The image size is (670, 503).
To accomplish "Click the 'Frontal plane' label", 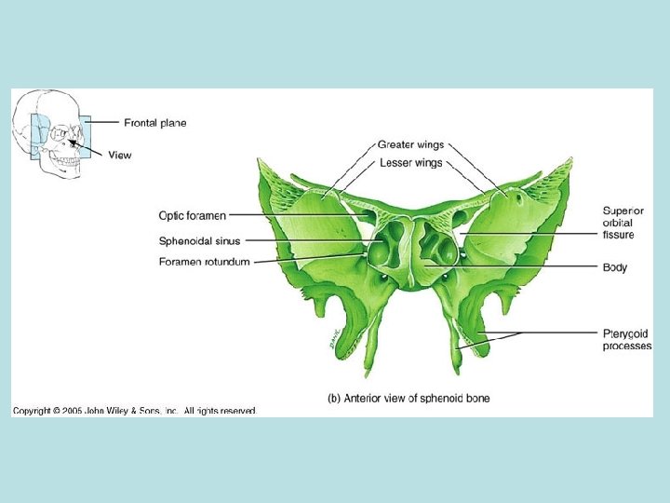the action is [x=154, y=123].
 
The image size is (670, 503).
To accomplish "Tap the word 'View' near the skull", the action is [x=120, y=156].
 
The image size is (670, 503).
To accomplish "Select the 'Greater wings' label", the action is [x=410, y=145].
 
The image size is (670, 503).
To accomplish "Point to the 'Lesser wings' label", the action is [x=410, y=162].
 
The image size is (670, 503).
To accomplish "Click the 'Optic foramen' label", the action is [x=192, y=216].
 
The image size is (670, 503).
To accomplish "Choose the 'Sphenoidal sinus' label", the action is [x=199, y=241].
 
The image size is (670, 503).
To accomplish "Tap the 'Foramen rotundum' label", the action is [x=204, y=262].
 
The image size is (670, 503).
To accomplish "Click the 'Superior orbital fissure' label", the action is [x=623, y=223].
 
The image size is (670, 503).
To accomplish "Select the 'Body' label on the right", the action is [x=614, y=267].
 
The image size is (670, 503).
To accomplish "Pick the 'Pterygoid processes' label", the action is [x=626, y=339].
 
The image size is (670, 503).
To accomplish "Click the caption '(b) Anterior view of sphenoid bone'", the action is [x=409, y=399].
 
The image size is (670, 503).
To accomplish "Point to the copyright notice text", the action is [x=134, y=411].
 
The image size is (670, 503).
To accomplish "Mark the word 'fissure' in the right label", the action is [x=618, y=235].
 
